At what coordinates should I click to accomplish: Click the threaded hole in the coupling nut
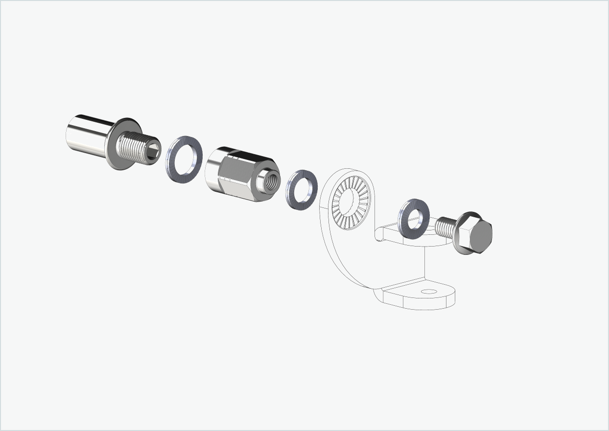coord(269,180)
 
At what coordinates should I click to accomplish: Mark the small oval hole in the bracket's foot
coord(429,292)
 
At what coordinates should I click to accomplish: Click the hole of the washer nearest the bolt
coord(415,219)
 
